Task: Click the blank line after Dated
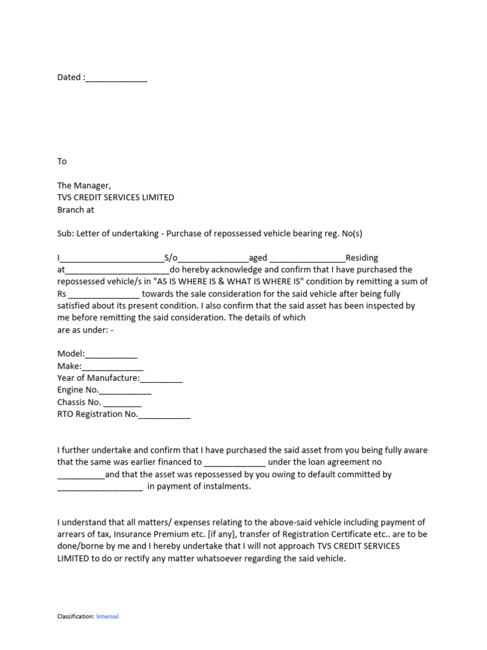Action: coord(116,79)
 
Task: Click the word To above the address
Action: coord(62,161)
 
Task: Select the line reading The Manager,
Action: coord(84,185)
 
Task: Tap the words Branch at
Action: coord(75,209)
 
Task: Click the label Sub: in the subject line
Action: coord(65,234)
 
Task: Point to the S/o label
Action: coord(171,258)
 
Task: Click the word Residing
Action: coord(361,258)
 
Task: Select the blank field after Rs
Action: coord(103,295)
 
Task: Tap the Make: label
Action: coord(69,366)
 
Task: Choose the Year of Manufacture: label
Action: coord(98,378)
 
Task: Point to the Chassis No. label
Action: coord(79,402)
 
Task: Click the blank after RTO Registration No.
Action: coord(164,415)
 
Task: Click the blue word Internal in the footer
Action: coord(107,616)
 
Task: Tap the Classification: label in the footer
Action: coord(75,616)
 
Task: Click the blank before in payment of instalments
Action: coord(100,487)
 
